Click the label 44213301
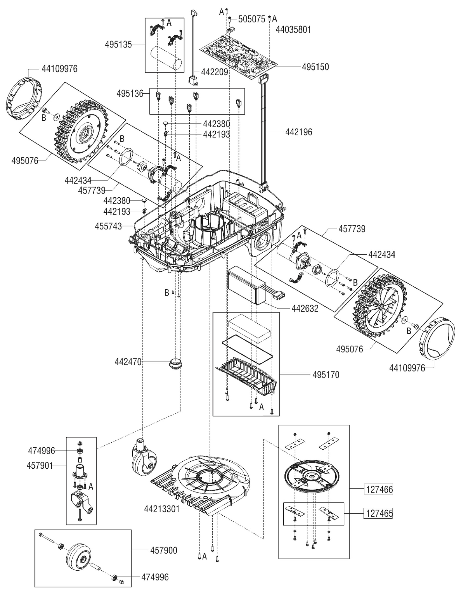click(162, 509)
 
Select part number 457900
click(164, 551)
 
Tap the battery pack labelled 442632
click(247, 287)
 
